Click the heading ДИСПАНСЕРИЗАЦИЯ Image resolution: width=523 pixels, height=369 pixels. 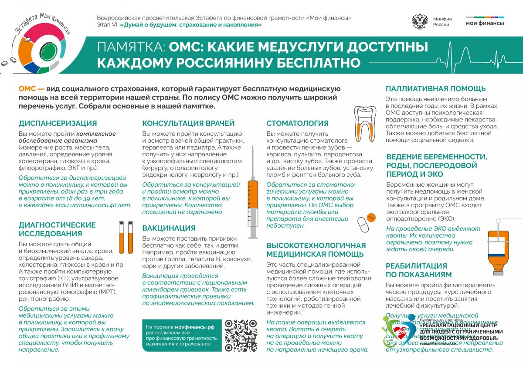(58, 123)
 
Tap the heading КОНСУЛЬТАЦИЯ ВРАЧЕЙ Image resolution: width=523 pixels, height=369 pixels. (188, 123)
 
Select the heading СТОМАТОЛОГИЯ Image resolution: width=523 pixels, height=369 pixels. (297, 123)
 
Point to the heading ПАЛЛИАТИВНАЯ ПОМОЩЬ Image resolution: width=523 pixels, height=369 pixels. (436, 89)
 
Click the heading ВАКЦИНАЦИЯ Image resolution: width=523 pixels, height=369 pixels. (169, 228)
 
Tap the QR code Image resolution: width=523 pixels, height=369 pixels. (241, 335)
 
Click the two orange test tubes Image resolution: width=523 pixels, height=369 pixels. (126, 238)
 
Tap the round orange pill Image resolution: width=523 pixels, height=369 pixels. (371, 216)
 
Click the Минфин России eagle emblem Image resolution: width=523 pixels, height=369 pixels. (420, 21)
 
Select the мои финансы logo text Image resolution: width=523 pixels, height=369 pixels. (485, 23)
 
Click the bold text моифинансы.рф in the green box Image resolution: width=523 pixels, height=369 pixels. (195, 326)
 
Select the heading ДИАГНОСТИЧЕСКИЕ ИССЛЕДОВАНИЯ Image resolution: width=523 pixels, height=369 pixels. (57, 229)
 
